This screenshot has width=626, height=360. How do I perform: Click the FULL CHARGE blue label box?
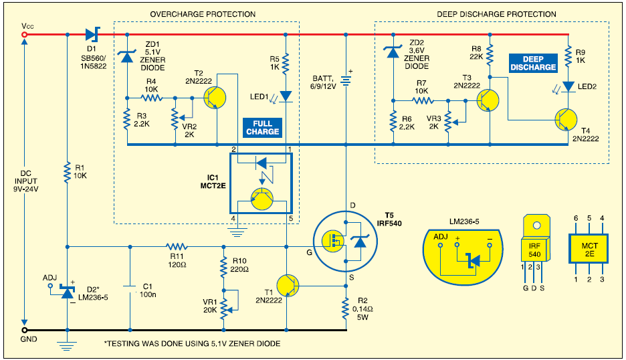pyautogui.click(x=263, y=127)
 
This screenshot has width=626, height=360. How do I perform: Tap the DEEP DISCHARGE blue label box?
pyautogui.click(x=533, y=63)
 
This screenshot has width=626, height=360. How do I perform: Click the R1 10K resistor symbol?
pyautogui.click(x=67, y=174)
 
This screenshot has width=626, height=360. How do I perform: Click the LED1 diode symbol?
pyautogui.click(x=286, y=96)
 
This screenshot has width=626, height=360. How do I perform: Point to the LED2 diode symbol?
pyautogui.click(x=567, y=86)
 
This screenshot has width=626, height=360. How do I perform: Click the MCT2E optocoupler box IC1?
pyautogui.click(x=262, y=182)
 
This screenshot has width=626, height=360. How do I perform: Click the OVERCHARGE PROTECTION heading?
pyautogui.click(x=203, y=14)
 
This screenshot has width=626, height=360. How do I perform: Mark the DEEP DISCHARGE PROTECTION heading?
pyautogui.click(x=496, y=14)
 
